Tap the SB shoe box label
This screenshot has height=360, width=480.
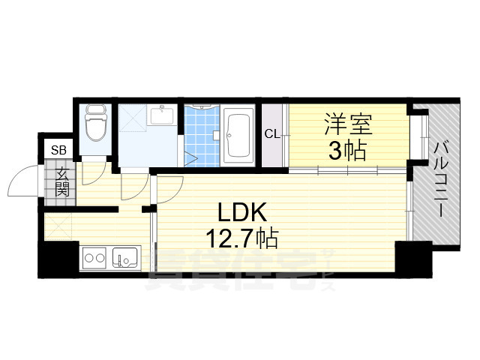coord(58,150)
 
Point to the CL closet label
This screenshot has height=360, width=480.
coord(272,133)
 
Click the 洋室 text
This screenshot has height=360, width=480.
coord(348,124)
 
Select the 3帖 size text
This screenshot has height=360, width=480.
coord(347,151)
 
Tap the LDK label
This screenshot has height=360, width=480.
coord(241,212)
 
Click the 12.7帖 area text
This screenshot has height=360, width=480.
coord(241,238)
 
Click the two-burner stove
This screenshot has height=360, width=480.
coord(94,259)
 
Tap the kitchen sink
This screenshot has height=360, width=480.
coord(125,258)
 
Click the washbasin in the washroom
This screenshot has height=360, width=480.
coord(163,115)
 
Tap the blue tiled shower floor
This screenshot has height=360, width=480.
coord(202,136)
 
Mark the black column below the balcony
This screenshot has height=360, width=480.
coord(413,259)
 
